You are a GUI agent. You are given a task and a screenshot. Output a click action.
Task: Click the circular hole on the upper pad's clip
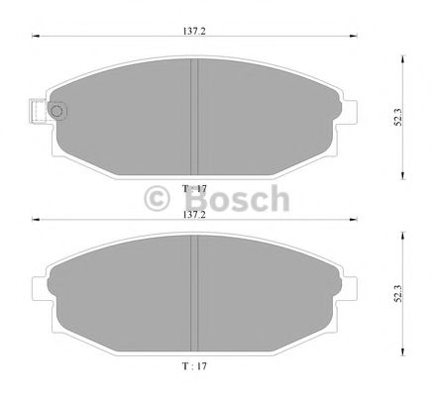pyautogui.click(x=55, y=111)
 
